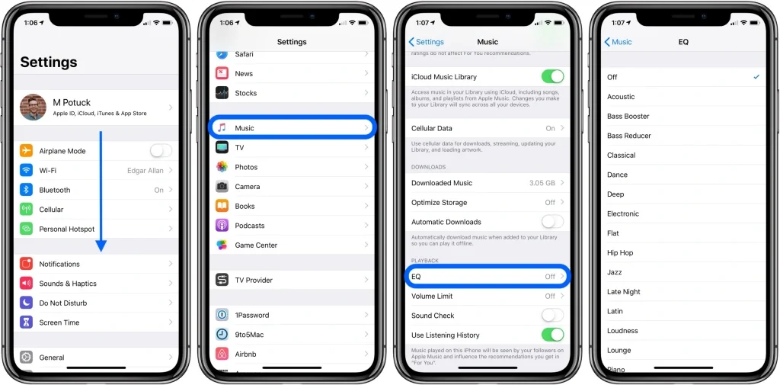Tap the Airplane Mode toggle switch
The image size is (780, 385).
click(161, 151)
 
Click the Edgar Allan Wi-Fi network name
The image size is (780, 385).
click(145, 171)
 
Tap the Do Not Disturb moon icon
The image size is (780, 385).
click(27, 303)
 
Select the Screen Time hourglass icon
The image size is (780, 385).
click(27, 322)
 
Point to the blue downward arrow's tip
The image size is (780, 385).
click(101, 251)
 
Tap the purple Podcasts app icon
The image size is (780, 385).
click(222, 226)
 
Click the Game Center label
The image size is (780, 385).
click(256, 245)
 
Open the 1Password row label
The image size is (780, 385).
click(251, 315)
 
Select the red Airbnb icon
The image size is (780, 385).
click(222, 354)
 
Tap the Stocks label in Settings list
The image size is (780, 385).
click(246, 93)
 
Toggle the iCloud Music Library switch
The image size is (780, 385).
click(552, 76)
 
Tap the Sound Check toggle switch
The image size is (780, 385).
click(552, 316)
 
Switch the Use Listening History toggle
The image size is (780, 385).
click(552, 335)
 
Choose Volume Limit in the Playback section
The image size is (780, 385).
click(432, 296)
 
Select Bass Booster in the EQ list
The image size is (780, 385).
click(628, 117)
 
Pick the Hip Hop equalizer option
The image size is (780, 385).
click(620, 253)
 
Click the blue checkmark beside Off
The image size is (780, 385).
click(756, 77)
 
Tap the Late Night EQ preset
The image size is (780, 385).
click(624, 292)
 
